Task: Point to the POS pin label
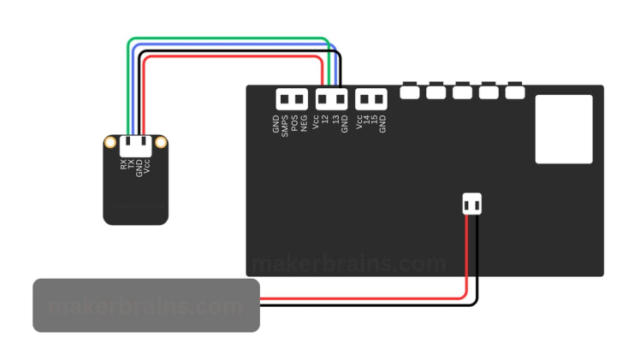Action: [x=295, y=123]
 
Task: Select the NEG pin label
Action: [x=305, y=123]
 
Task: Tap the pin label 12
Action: [x=325, y=121]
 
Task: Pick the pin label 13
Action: [x=335, y=121]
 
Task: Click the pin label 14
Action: [x=366, y=121]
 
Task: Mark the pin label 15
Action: [x=374, y=121]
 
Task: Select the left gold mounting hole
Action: [x=110, y=142]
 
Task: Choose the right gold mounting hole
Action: [x=161, y=142]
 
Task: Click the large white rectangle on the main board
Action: [x=564, y=129]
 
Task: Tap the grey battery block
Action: [x=145, y=304]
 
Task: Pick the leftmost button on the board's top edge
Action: [x=410, y=91]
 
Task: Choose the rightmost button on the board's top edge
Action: [x=514, y=91]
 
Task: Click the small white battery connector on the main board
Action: [x=471, y=204]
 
